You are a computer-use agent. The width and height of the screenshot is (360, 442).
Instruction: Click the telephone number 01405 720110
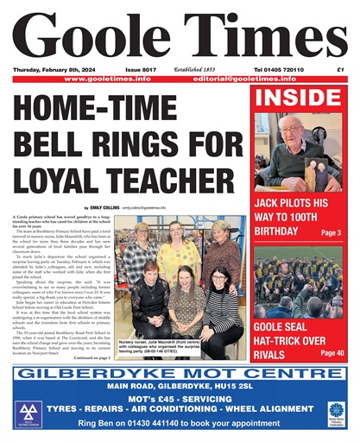click(281, 69)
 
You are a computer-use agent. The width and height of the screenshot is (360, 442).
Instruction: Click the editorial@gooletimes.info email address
click(259, 79)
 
